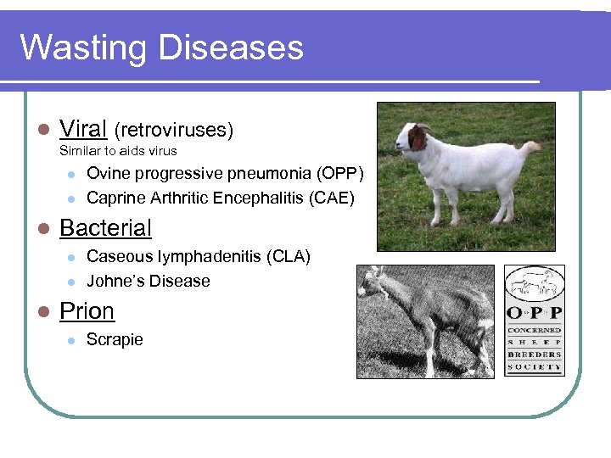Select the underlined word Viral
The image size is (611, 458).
click(82, 129)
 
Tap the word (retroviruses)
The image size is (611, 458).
click(173, 130)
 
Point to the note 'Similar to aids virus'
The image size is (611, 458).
click(118, 151)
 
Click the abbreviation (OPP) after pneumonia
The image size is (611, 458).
click(339, 174)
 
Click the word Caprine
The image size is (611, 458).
click(115, 198)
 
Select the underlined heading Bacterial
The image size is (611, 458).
click(105, 228)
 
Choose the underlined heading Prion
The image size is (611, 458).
click(87, 311)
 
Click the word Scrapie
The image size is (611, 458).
click(115, 339)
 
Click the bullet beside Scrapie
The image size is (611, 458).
click(70, 340)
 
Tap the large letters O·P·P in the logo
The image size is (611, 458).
click(534, 309)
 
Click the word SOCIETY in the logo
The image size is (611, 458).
click(534, 366)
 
